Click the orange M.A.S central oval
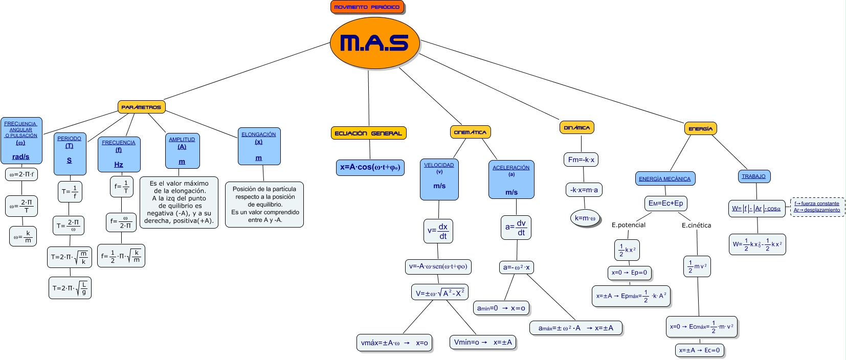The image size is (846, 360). click(x=374, y=43)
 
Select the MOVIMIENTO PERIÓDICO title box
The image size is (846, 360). click(x=367, y=7)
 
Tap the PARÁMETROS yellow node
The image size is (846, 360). click(x=141, y=107)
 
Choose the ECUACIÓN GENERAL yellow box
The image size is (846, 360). click(x=368, y=133)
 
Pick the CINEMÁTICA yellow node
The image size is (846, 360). click(x=470, y=132)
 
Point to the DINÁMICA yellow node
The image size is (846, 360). click(x=576, y=127)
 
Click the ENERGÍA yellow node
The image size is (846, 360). click(x=700, y=128)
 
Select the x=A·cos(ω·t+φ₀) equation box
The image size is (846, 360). click(x=370, y=167)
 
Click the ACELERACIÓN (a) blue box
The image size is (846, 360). click(x=511, y=179)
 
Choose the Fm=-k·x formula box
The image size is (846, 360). click(x=581, y=160)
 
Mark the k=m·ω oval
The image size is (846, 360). click(x=585, y=218)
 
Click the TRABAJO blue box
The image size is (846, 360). click(x=753, y=176)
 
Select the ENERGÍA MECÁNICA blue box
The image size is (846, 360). click(x=664, y=178)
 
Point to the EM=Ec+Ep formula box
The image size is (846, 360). click(x=665, y=203)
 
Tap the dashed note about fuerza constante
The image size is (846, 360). click(x=817, y=207)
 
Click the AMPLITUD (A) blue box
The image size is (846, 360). click(x=182, y=151)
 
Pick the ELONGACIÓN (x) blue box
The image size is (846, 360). click(x=259, y=146)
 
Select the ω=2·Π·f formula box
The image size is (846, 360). click(x=21, y=174)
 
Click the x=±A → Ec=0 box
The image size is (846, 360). click(x=699, y=350)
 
